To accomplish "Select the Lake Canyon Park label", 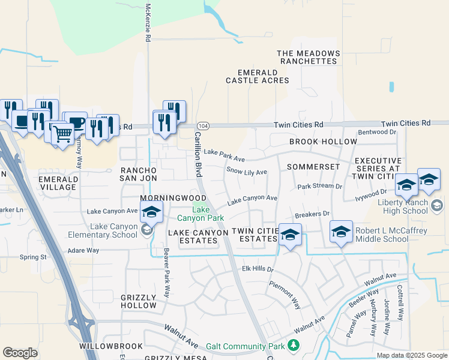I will point(200,214).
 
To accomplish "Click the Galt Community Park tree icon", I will point(294,346).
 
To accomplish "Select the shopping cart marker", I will point(62,134).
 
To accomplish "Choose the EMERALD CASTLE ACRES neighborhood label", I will point(258,76).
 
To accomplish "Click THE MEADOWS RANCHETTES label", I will point(308,58).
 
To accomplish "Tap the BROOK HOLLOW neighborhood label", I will point(323,142).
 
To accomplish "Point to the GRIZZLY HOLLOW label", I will point(139,301).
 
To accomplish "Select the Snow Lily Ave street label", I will point(246,172).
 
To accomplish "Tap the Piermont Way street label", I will point(285,294).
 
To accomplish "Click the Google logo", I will point(20,353).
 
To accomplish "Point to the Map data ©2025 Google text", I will point(411,355).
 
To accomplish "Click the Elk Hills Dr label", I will point(258,269).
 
